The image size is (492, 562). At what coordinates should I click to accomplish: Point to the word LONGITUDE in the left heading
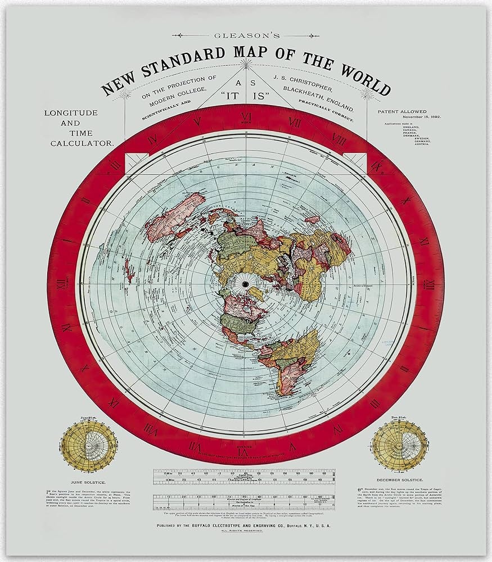(71, 113)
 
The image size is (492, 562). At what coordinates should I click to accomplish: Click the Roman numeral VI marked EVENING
(246, 451)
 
